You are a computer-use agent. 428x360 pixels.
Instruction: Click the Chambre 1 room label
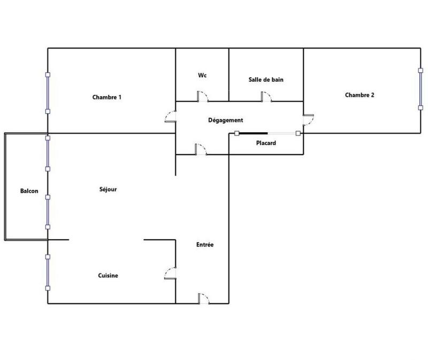107,97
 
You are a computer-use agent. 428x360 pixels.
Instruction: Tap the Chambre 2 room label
360,95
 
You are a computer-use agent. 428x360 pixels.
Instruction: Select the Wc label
202,75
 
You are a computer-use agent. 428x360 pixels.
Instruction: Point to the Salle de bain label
266,80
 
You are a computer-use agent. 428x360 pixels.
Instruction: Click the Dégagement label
226,120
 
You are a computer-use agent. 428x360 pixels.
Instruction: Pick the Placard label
266,143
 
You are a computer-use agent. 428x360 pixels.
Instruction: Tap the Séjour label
108,189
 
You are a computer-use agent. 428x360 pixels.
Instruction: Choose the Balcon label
29,191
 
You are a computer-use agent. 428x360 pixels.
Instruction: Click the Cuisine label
108,275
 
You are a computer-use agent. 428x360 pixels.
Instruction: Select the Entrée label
205,244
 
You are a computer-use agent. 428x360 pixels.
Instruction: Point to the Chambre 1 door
171,117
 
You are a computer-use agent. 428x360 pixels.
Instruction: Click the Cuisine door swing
171,273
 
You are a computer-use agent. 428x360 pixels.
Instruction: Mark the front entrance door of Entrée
203,298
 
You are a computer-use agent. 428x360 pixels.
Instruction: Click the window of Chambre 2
420,88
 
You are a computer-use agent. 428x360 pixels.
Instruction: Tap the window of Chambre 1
48,93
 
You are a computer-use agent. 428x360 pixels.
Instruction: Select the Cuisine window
48,272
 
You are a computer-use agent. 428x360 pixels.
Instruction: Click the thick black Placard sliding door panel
254,133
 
